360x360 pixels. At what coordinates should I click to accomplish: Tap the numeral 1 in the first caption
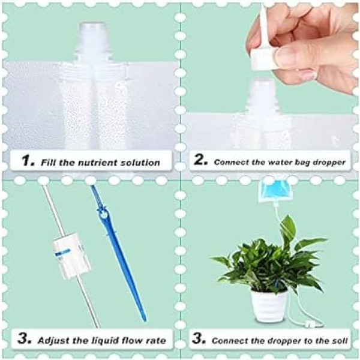[26, 160]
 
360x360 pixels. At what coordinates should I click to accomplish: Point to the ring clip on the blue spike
[103, 215]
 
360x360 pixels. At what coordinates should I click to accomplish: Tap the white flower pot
[269, 305]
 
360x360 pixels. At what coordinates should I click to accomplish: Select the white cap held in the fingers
[262, 58]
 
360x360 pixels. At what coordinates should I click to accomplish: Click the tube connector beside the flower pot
[308, 325]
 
